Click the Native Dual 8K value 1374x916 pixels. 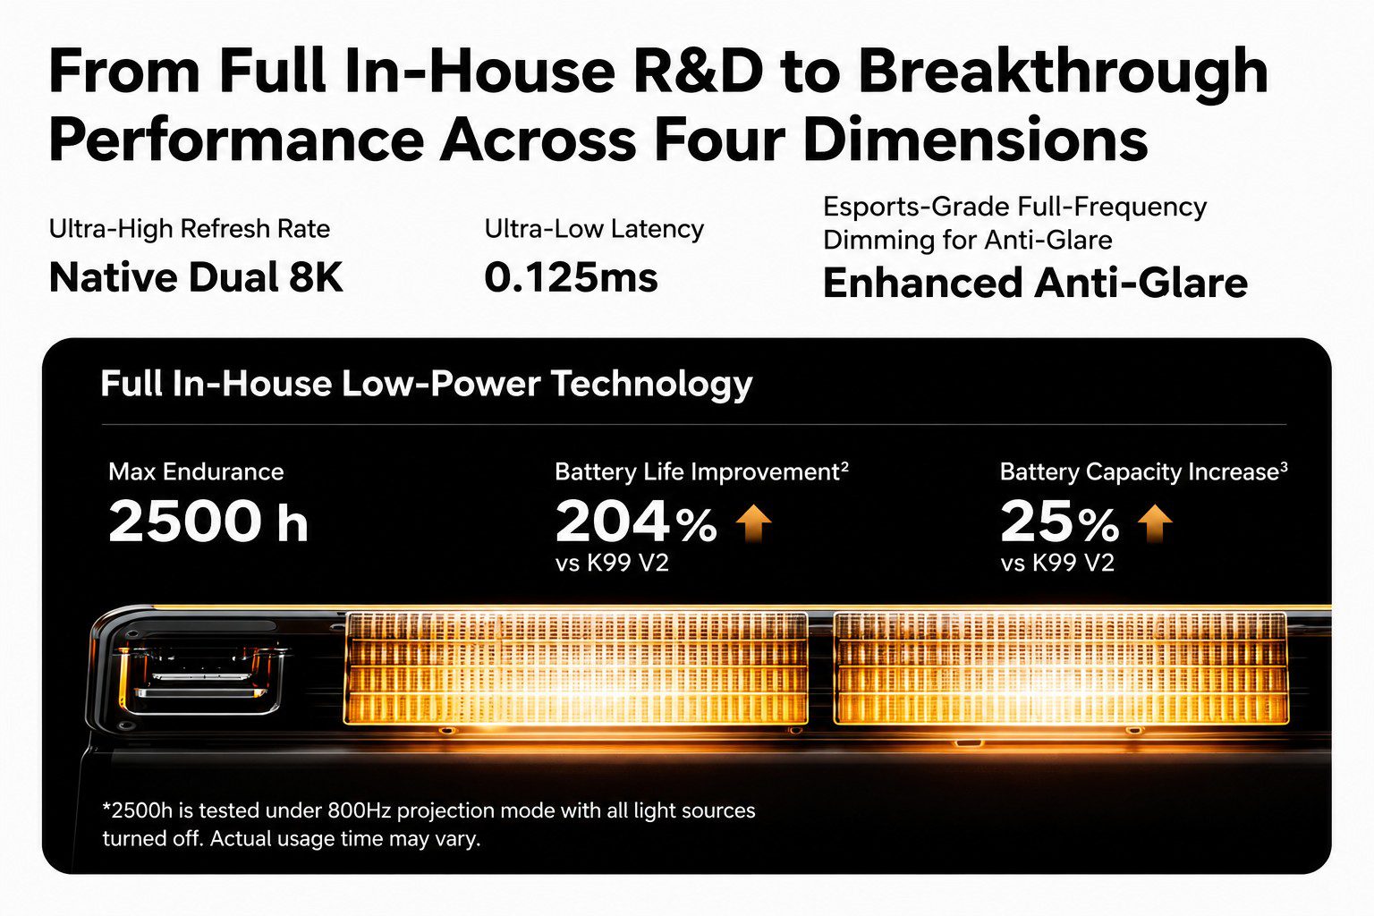pyautogui.click(x=196, y=278)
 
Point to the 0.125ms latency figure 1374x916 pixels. pyautogui.click(x=571, y=278)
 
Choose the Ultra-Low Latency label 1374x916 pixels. pyautogui.click(x=594, y=230)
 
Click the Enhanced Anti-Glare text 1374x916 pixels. pyautogui.click(x=1035, y=283)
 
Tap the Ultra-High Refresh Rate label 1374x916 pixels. pyautogui.click(x=190, y=230)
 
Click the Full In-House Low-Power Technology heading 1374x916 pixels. pyautogui.click(x=427, y=384)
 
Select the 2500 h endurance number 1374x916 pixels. pyautogui.click(x=208, y=521)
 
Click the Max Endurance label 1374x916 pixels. pyautogui.click(x=196, y=471)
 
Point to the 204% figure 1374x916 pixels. pyautogui.click(x=636, y=521)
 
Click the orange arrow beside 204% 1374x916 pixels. pyautogui.click(x=753, y=522)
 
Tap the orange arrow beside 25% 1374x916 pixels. pyautogui.click(x=1155, y=522)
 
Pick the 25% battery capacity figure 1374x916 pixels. pyautogui.click(x=1059, y=521)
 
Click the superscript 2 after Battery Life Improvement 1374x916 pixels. pyautogui.click(x=844, y=466)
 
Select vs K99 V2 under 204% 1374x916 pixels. pyautogui.click(x=612, y=563)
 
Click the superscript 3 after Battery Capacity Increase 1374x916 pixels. pyautogui.click(x=1284, y=466)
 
